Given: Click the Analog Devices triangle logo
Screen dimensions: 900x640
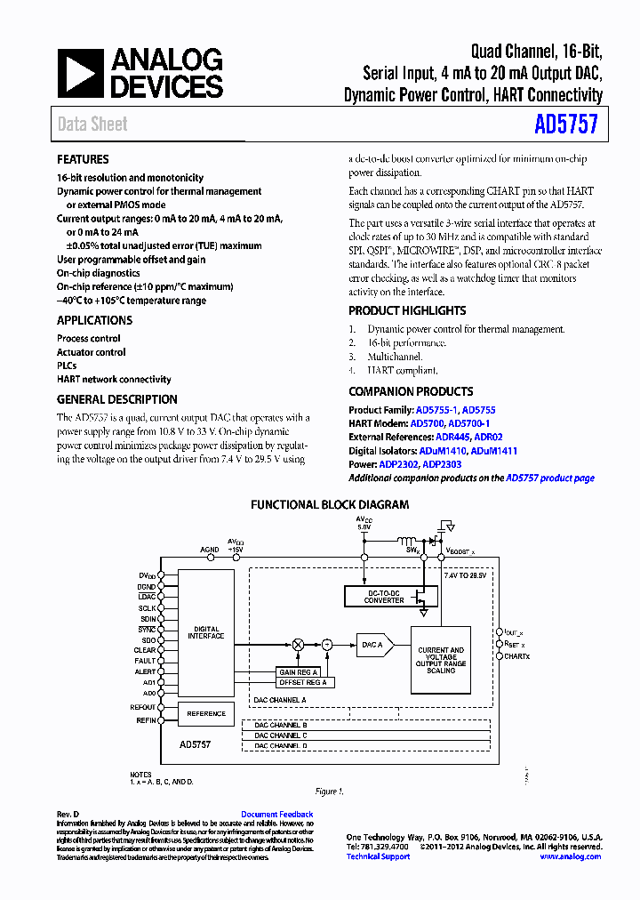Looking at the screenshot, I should click(x=81, y=73).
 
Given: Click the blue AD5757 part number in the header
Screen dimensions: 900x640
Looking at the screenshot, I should click(x=567, y=124).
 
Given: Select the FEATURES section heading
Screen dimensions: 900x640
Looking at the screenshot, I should click(x=83, y=159).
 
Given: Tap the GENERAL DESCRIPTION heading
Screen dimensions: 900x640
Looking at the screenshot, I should click(x=117, y=399).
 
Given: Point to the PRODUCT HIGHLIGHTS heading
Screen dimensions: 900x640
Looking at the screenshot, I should click(x=407, y=310).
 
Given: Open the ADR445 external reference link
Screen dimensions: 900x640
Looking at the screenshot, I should click(x=449, y=438).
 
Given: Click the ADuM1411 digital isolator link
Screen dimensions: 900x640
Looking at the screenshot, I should click(x=494, y=451).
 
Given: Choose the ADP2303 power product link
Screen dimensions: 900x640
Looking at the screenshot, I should click(x=443, y=464).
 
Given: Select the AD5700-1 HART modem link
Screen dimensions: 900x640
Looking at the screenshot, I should click(x=470, y=424).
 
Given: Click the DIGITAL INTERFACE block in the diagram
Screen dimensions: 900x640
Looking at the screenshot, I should click(x=206, y=632).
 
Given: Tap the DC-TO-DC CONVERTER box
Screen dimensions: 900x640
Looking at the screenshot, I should click(x=384, y=597).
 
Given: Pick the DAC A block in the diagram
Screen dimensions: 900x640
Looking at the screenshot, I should click(x=372, y=644).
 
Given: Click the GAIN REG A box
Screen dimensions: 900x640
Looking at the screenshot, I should click(x=300, y=672).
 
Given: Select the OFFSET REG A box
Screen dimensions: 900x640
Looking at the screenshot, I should click(x=303, y=682).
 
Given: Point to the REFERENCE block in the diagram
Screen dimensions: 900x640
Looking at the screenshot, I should click(x=206, y=713).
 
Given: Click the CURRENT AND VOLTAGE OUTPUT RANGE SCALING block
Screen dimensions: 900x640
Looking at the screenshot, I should click(x=441, y=660).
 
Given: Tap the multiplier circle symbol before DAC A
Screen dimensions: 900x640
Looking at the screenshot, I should click(x=299, y=643).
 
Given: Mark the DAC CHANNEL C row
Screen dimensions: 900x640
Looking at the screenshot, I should click(x=280, y=735).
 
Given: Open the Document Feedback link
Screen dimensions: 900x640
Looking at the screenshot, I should click(x=276, y=815).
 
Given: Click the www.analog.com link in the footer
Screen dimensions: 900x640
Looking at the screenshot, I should click(x=570, y=856).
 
